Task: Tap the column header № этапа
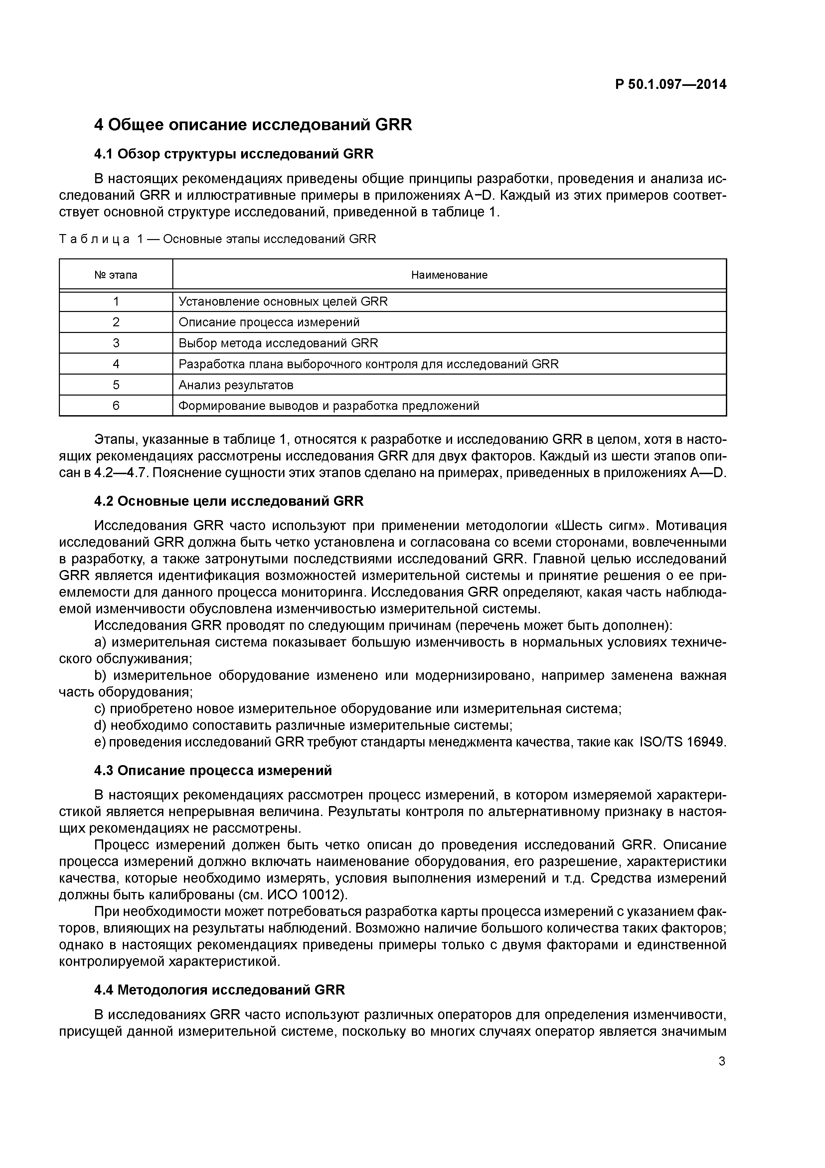(116, 275)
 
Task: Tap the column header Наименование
(449, 275)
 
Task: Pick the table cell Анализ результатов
(236, 385)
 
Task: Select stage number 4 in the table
(116, 364)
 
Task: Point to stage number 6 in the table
(116, 406)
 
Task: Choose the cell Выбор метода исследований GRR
(278, 343)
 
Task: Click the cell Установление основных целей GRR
(283, 302)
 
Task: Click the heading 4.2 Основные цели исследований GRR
(229, 501)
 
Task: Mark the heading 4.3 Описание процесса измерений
(213, 771)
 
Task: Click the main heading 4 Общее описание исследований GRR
(253, 125)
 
